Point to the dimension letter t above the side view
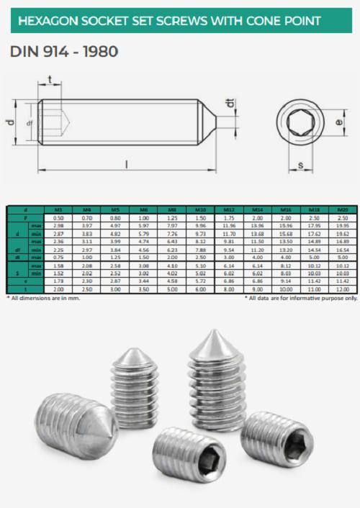click(x=49, y=79)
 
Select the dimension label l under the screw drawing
click(x=127, y=165)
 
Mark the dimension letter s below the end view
click(x=300, y=167)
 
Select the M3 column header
click(x=59, y=209)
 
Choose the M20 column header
click(x=343, y=209)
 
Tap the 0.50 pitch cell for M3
click(x=59, y=217)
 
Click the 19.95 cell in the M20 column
click(x=343, y=224)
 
